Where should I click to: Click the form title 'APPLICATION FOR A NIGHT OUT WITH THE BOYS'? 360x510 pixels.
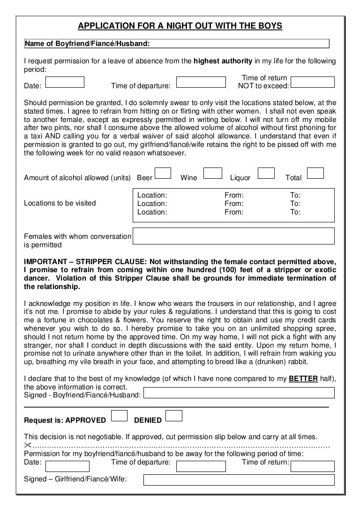pyautogui.click(x=180, y=26)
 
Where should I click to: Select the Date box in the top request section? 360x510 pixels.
pyautogui.click(x=65, y=83)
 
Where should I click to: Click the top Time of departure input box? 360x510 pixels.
pyautogui.click(x=200, y=83)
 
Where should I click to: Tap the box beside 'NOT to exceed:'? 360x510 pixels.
pyautogui.click(x=313, y=83)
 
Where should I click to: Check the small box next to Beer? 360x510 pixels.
pyautogui.click(x=163, y=174)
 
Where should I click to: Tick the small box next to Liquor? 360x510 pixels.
pyautogui.click(x=266, y=174)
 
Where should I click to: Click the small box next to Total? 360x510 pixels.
pyautogui.click(x=315, y=174)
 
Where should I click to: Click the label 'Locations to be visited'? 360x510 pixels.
pyautogui.click(x=60, y=203)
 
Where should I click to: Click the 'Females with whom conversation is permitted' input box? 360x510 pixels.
pyautogui.click(x=234, y=236)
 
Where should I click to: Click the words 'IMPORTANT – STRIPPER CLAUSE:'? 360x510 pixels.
pyautogui.click(x=73, y=261)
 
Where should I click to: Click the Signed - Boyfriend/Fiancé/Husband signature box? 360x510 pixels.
pyautogui.click(x=239, y=393)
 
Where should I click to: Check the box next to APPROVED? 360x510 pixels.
pyautogui.click(x=120, y=416)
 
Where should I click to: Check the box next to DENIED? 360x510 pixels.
pyautogui.click(x=174, y=416)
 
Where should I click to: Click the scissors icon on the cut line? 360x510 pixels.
pyautogui.click(x=28, y=445)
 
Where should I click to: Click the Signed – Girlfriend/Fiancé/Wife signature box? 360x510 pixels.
pyautogui.click(x=239, y=480)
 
